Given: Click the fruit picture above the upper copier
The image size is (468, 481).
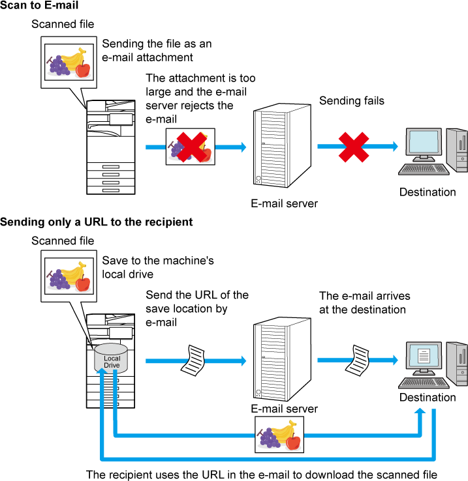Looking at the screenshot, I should click(x=69, y=62).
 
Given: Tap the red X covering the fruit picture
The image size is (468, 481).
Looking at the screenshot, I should click(x=191, y=147).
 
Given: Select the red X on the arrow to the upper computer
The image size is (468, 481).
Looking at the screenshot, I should click(x=354, y=147).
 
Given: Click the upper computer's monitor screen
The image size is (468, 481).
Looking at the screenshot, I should click(x=423, y=142).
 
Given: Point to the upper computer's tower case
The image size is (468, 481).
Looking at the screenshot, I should click(x=457, y=150).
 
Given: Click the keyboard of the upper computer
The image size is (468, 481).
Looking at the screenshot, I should click(x=424, y=169).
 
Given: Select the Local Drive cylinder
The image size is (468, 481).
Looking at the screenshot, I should click(x=111, y=358).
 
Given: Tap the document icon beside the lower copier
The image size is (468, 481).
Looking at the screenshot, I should click(x=193, y=360).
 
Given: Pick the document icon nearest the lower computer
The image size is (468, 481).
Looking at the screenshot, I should click(x=357, y=360).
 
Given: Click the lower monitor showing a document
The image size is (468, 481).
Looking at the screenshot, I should click(x=424, y=356).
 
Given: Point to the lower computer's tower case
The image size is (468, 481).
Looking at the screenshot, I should click(x=457, y=364).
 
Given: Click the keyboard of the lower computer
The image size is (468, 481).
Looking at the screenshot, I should click(x=424, y=383).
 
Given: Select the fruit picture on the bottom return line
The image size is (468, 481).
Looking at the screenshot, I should click(x=279, y=435).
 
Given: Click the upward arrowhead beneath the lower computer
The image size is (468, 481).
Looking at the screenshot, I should click(x=420, y=411).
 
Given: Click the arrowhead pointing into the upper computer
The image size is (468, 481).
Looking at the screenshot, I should click(x=395, y=147).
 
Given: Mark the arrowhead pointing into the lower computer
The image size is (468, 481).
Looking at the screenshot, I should click(x=395, y=360).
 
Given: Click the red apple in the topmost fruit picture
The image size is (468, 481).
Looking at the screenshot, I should click(x=82, y=69).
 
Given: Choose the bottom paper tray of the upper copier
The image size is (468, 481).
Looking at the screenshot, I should click(x=110, y=190).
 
